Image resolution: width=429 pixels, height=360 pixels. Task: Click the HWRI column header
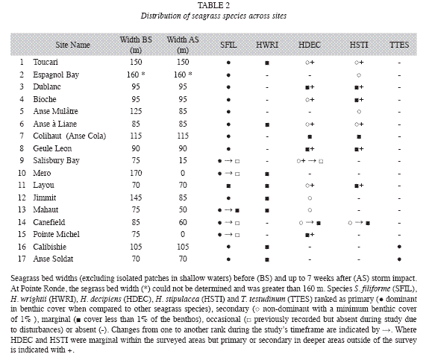pyautogui.click(x=267, y=45)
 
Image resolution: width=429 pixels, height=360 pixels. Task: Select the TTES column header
pyautogui.click(x=399, y=45)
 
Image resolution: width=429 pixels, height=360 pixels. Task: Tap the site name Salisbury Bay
pyautogui.click(x=56, y=160)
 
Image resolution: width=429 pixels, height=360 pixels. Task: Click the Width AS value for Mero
pyautogui.click(x=183, y=173)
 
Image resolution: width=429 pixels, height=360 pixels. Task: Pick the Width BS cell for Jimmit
pyautogui.click(x=136, y=198)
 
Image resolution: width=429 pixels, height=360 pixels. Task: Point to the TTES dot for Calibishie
pyautogui.click(x=399, y=247)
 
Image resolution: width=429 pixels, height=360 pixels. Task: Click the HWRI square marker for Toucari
pyautogui.click(x=267, y=63)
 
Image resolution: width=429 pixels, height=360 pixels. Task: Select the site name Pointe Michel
pyautogui.click(x=57, y=234)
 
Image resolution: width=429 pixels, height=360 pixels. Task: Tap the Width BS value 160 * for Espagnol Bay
pyautogui.click(x=136, y=75)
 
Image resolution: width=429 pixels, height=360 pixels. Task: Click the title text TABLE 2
pyautogui.click(x=213, y=5)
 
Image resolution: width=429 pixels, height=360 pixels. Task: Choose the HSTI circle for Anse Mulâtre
pyautogui.click(x=359, y=112)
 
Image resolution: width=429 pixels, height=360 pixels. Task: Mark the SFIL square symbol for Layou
pyautogui.click(x=228, y=186)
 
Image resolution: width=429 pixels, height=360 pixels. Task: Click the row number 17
pyautogui.click(x=22, y=259)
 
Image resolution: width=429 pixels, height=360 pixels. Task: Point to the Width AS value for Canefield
pyautogui.click(x=183, y=222)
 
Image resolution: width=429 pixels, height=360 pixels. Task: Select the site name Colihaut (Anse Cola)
pyautogui.click(x=69, y=136)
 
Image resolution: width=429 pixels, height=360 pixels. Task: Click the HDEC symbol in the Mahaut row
pyautogui.click(x=310, y=210)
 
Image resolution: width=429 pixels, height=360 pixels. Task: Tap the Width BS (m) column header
pyautogui.click(x=136, y=45)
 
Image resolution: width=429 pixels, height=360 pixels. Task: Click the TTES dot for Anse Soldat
pyautogui.click(x=399, y=259)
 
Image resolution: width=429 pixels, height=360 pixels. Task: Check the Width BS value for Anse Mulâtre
pyautogui.click(x=136, y=111)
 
